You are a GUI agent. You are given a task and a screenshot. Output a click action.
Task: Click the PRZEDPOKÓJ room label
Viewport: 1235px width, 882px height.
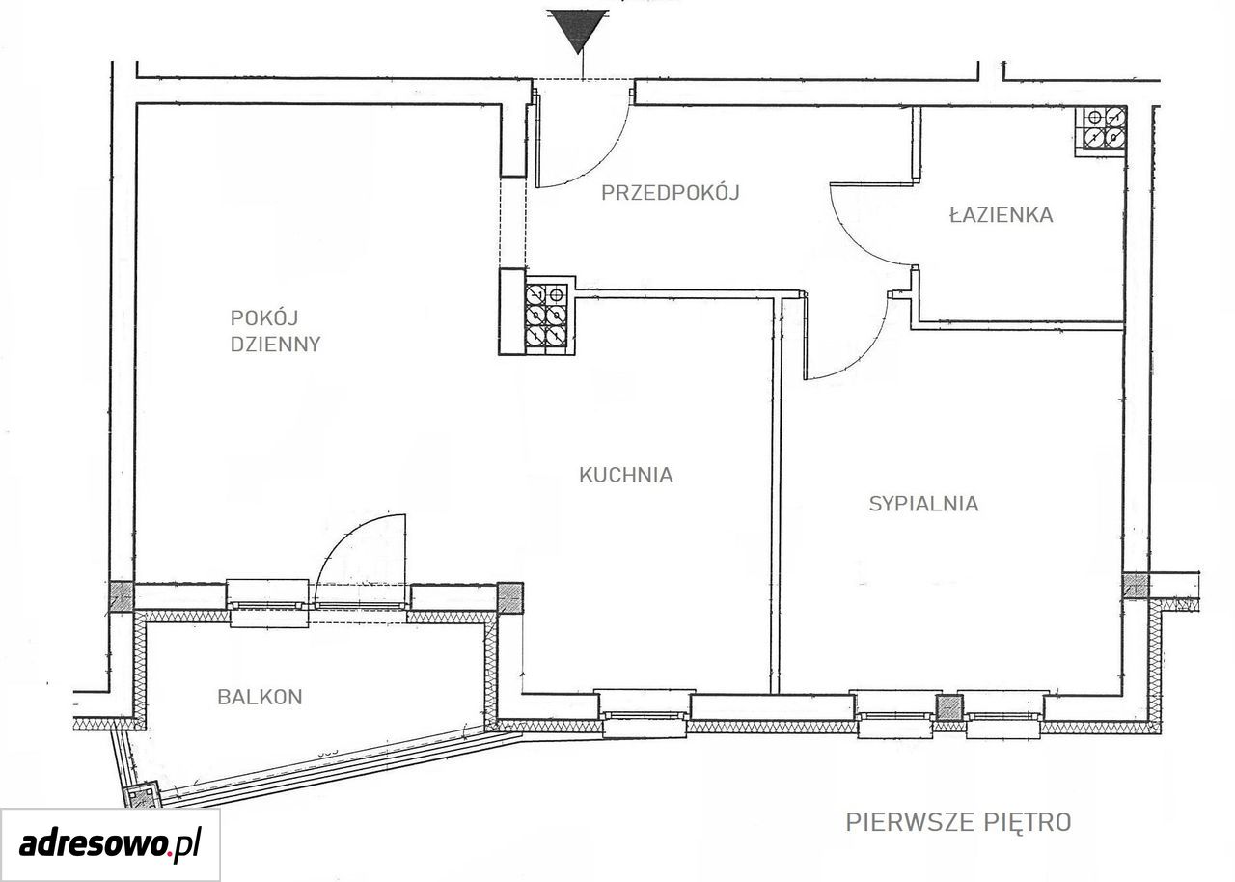670,192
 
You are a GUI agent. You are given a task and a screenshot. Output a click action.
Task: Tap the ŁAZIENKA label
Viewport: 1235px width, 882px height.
1002,214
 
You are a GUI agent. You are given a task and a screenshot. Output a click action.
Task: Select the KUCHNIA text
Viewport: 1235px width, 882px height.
626,475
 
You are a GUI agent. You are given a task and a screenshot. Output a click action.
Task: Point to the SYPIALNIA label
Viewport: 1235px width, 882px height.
924,504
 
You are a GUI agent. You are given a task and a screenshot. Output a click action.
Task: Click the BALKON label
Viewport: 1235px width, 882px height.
260,697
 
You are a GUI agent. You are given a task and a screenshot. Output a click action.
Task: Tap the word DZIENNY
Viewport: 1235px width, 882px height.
275,345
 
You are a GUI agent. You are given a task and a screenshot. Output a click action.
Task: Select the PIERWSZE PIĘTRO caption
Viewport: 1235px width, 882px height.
958,822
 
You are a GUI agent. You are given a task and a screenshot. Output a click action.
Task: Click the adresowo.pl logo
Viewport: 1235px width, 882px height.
110,844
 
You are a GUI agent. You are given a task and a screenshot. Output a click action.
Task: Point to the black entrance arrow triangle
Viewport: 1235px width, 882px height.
578,31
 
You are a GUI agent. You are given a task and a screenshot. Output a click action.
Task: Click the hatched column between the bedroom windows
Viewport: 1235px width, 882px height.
950,706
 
